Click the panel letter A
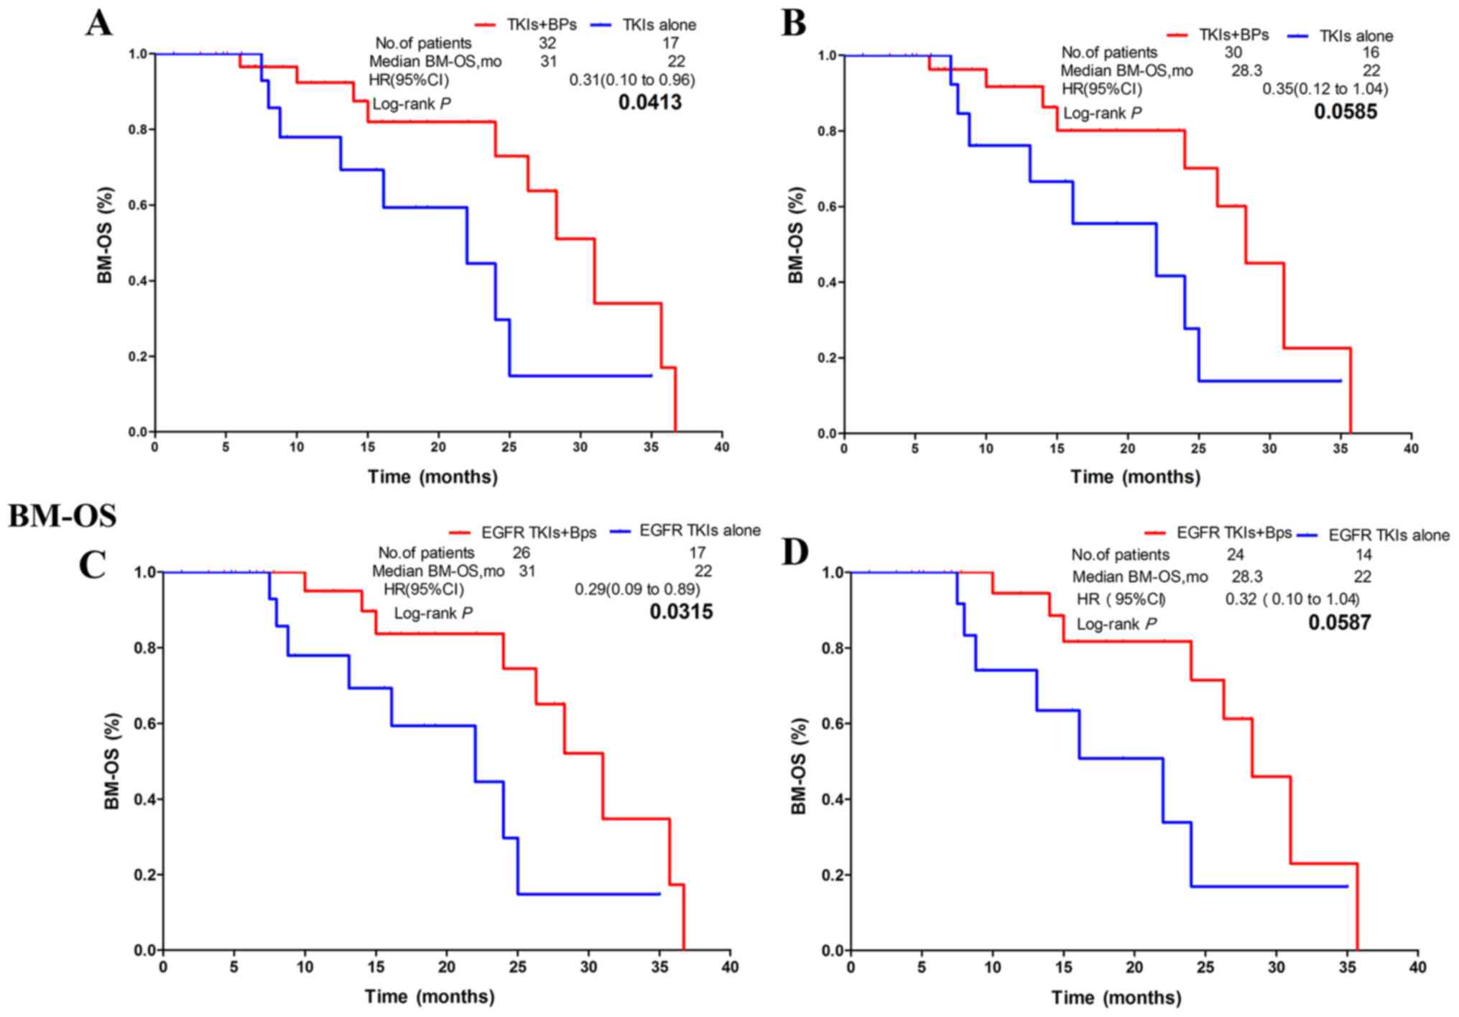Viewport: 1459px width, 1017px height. click(98, 23)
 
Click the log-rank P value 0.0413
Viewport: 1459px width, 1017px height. click(649, 103)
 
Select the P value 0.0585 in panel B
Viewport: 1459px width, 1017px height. click(1345, 111)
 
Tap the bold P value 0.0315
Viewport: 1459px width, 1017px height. click(681, 612)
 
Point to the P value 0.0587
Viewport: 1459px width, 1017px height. click(1339, 622)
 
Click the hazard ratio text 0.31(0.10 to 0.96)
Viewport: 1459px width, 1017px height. click(632, 80)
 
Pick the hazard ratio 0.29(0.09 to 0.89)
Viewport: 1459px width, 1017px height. click(636, 589)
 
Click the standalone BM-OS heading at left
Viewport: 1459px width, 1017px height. click(62, 516)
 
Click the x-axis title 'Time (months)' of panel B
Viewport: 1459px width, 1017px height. click(1135, 477)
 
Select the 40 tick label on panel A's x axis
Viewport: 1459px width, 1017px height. click(721, 447)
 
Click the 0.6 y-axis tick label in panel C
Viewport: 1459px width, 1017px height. click(146, 724)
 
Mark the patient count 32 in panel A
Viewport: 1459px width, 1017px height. click(547, 43)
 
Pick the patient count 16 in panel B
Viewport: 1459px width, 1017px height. click(1370, 52)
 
